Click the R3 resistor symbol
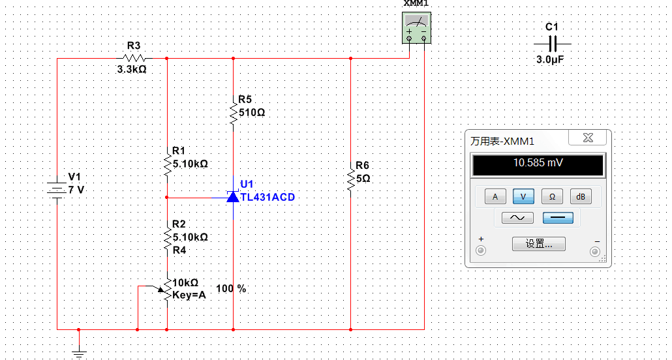coord(134,58)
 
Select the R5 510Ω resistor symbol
coord(233,110)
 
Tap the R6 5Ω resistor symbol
coord(350,181)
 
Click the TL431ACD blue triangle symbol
coord(233,197)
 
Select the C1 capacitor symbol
coord(552,44)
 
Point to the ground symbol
coord(78,353)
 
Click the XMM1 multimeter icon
coord(416,28)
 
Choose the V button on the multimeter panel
coord(523,197)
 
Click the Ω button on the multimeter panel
coord(552,197)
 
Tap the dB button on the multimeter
coord(580,197)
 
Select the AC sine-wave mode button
coord(518,218)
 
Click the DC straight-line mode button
coord(558,218)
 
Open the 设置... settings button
coord(539,244)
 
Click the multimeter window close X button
coord(588,138)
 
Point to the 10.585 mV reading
coord(538,163)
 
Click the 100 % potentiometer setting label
coord(231,289)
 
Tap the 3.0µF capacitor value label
coord(550,60)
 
